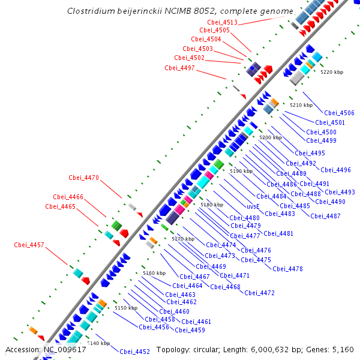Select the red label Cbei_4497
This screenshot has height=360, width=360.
(179, 68)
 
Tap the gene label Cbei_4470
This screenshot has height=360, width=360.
(83, 178)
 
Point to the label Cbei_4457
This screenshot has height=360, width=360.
(29, 245)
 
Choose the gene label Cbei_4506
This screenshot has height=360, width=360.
(339, 113)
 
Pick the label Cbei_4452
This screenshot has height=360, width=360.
(134, 352)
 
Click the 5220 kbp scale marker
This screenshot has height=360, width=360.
(331, 72)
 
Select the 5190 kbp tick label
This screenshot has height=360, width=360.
(241, 171)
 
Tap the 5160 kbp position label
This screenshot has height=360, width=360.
(154, 273)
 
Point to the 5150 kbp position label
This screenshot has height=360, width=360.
(125, 308)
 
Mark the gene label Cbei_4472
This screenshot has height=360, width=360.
(259, 293)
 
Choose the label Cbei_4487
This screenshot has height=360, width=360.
(325, 216)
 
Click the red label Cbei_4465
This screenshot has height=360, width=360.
(60, 206)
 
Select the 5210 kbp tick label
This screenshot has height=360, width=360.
(301, 105)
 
